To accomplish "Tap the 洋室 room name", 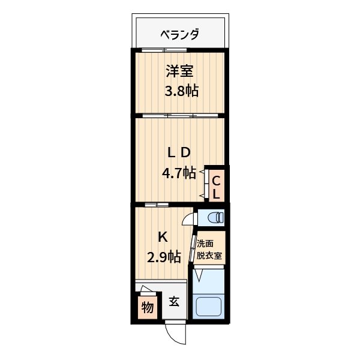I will (179, 71).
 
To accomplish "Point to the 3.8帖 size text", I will (182, 91).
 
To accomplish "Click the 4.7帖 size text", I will (179, 173).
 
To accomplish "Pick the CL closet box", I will (216, 186).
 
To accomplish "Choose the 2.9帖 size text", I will (164, 257).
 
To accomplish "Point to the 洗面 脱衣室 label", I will (209, 248).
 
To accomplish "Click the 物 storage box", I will (147, 308).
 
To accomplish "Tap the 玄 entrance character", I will (174, 302).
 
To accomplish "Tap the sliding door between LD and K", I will (156, 205).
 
